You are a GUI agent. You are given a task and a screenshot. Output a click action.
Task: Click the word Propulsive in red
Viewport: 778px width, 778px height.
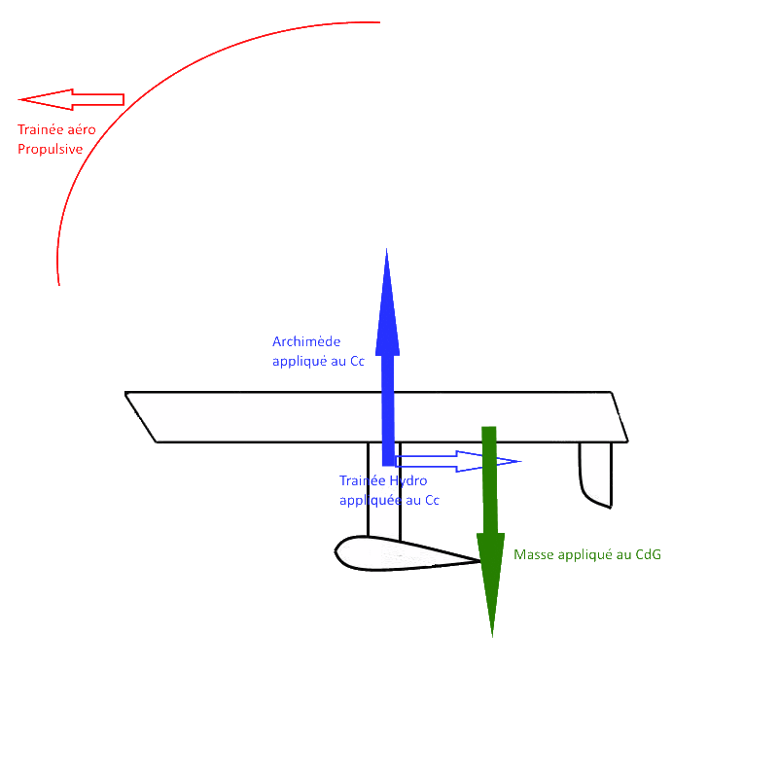50,149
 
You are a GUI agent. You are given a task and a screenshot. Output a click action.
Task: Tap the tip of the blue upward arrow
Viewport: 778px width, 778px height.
387,252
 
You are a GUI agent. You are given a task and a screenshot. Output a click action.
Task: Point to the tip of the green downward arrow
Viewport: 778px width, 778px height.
491,634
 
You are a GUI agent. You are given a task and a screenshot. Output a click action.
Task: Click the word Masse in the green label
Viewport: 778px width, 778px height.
532,554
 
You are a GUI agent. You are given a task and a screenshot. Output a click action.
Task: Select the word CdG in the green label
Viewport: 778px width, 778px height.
647,554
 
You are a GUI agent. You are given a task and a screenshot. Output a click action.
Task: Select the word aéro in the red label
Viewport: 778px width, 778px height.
81,129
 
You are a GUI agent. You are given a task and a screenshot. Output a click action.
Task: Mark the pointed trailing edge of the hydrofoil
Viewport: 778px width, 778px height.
479,560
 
